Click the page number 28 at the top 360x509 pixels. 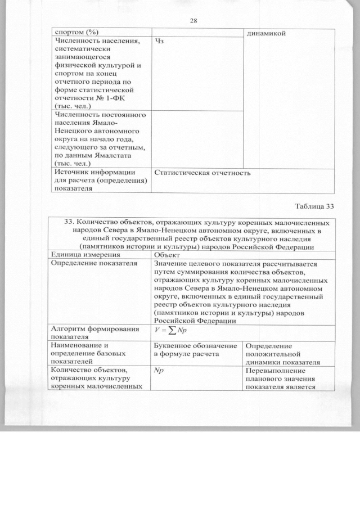coord(192,21)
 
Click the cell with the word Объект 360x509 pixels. coord(166,255)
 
